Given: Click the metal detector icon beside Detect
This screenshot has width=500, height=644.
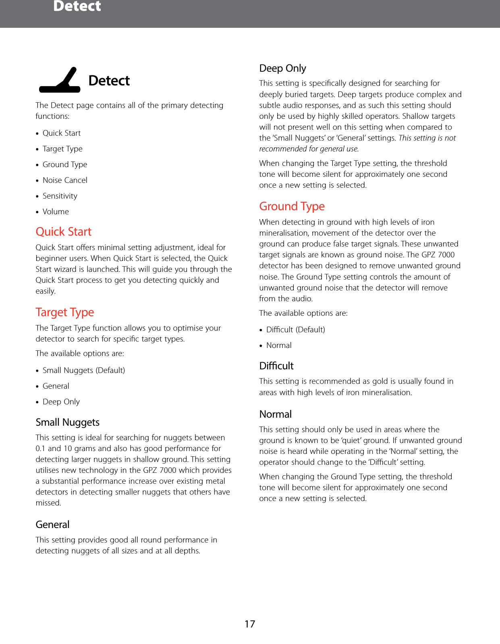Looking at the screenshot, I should pyautogui.click(x=60, y=81).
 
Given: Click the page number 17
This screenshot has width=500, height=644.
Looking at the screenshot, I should pyautogui.click(x=250, y=624).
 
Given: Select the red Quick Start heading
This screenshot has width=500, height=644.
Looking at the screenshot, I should pyautogui.click(x=64, y=232).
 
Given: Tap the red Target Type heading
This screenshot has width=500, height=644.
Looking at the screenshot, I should pyautogui.click(x=65, y=312).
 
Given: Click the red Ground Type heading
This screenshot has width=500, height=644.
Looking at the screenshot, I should pyautogui.click(x=292, y=206).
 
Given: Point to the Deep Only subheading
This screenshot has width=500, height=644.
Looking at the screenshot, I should pyautogui.click(x=282, y=68).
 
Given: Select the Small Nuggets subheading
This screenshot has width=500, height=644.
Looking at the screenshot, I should pyautogui.click(x=67, y=422).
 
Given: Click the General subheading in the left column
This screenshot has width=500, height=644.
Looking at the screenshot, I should pyautogui.click(x=52, y=524).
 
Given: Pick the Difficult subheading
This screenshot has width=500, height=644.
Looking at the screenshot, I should pyautogui.click(x=276, y=366).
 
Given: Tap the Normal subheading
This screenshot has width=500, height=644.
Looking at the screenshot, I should pyautogui.click(x=275, y=414).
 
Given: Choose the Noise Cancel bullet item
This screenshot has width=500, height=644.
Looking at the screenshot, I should pyautogui.click(x=65, y=180).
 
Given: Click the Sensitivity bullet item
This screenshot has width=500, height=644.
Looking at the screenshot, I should pyautogui.click(x=60, y=196).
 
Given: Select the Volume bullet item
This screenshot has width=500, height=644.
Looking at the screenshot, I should pyautogui.click(x=56, y=211).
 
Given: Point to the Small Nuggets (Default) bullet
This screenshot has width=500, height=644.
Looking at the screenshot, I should pyautogui.click(x=84, y=370).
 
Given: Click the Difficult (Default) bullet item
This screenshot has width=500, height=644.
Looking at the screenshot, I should pyautogui.click(x=295, y=329).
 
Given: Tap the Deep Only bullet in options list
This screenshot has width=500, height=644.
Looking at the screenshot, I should pyautogui.click(x=61, y=402).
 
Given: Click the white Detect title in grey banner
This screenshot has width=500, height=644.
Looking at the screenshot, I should pyautogui.click(x=77, y=6).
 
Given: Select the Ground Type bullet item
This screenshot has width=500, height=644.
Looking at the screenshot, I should pyautogui.click(x=65, y=164).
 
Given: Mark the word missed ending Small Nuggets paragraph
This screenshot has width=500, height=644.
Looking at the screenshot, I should pyautogui.click(x=48, y=503).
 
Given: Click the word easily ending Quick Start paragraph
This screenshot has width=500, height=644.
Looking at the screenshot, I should pyautogui.click(x=45, y=291).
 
